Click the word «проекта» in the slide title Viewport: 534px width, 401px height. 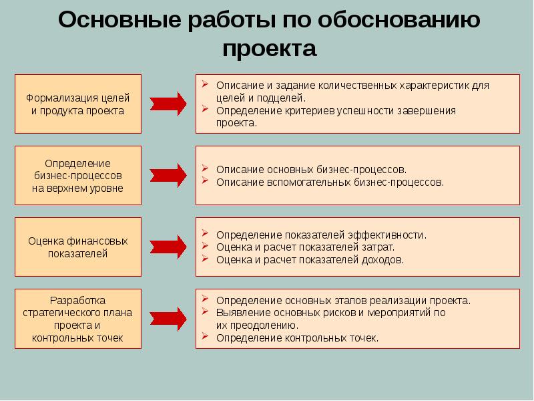click(x=269, y=49)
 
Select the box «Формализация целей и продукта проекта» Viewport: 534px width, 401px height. click(x=78, y=104)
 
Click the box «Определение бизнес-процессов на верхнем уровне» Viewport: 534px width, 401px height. click(x=78, y=175)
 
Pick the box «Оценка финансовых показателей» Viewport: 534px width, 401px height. click(x=78, y=247)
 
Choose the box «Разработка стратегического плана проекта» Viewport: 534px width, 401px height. click(x=78, y=319)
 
